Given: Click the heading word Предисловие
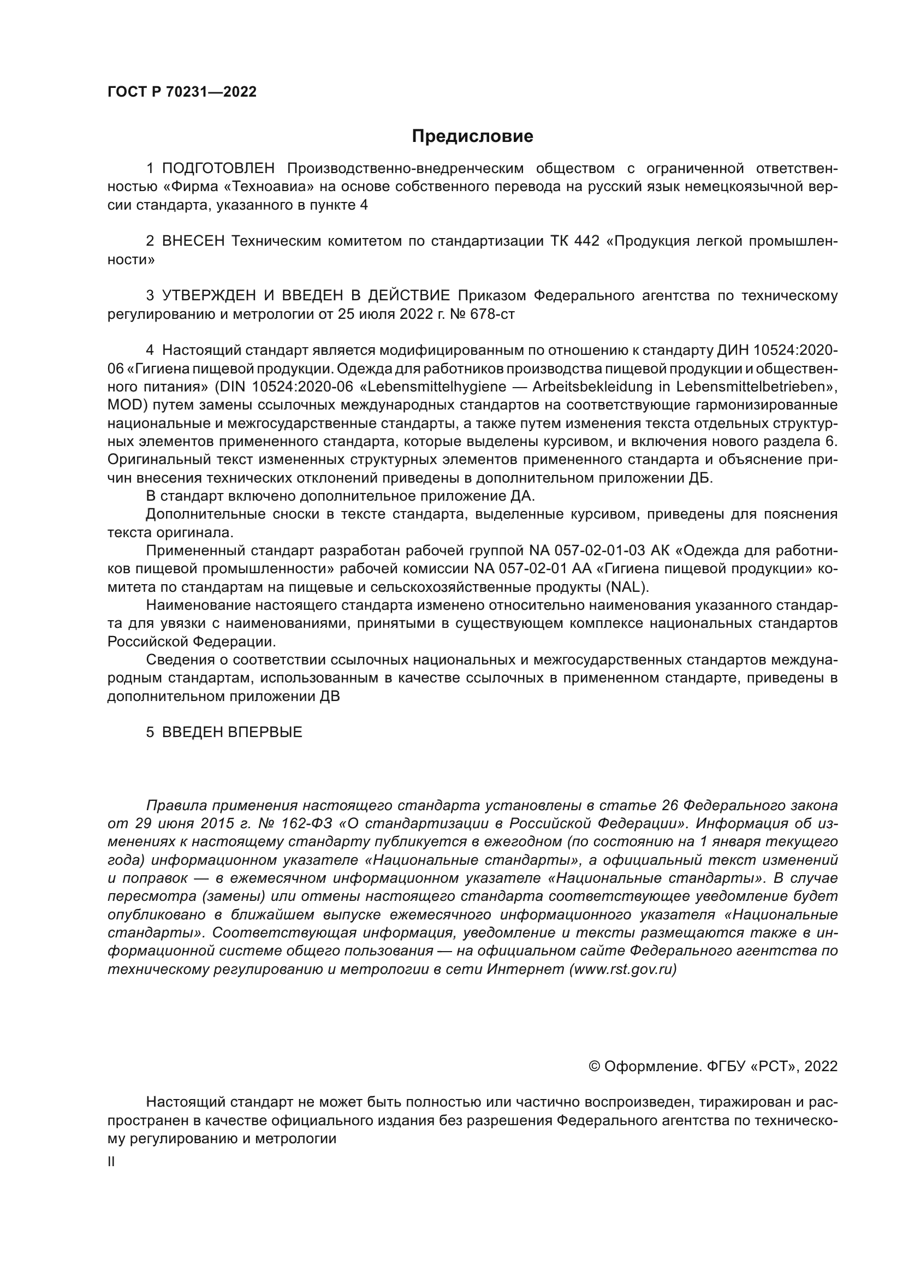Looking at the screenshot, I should pos(472,136).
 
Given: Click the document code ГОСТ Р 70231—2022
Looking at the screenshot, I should pos(182,92).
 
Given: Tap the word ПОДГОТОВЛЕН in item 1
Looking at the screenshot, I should pos(218,168).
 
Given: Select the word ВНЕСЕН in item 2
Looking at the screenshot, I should pos(193,241).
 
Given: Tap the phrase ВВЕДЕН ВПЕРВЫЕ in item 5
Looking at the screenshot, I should pos(232,733).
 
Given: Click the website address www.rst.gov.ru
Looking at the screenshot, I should pos(623,970).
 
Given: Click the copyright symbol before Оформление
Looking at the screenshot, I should pos(594,1066).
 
